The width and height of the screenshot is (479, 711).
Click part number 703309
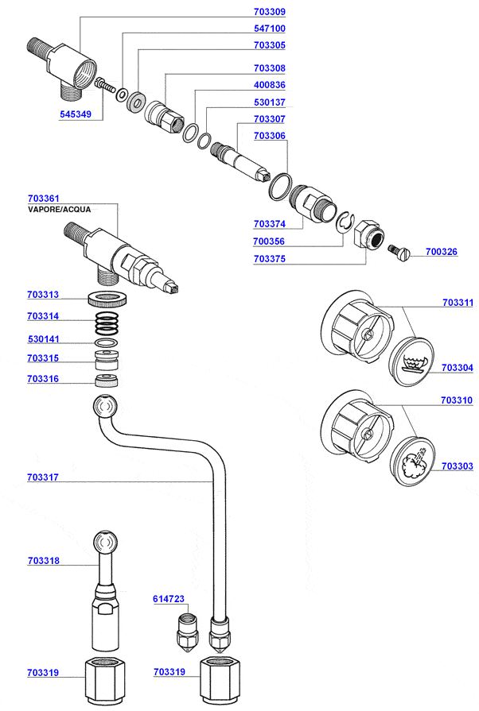click(x=270, y=12)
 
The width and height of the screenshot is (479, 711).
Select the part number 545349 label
click(x=76, y=114)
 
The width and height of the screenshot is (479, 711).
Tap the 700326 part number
click(x=442, y=252)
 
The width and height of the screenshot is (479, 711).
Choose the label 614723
click(x=169, y=597)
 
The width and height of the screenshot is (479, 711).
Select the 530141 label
click(x=43, y=339)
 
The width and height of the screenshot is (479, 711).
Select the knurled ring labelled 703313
click(x=108, y=300)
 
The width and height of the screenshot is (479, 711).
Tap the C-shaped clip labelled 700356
click(x=344, y=225)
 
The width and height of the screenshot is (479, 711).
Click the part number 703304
click(x=457, y=368)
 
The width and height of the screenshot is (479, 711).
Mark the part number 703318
click(x=43, y=561)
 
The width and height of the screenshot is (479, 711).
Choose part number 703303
click(x=457, y=466)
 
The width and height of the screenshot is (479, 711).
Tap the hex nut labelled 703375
click(x=367, y=234)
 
